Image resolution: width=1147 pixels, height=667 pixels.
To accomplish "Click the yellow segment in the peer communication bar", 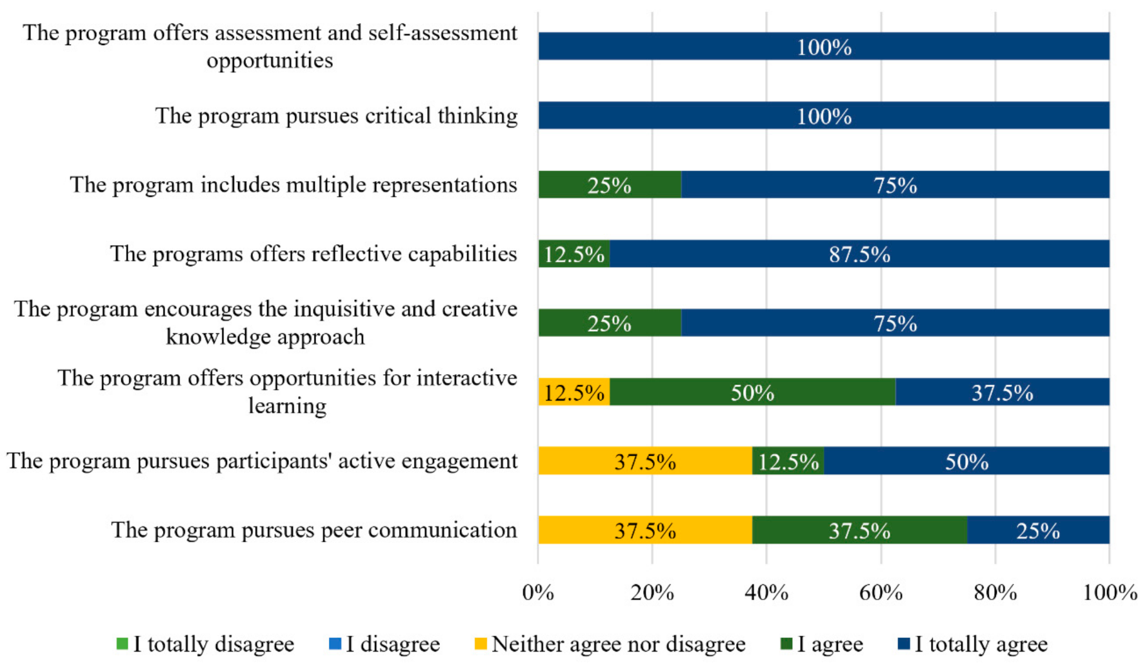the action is pos(645,530).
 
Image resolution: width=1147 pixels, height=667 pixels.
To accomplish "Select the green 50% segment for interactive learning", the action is pos(752,392).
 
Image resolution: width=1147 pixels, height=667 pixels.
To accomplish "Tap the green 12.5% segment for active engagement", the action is pos(788,461).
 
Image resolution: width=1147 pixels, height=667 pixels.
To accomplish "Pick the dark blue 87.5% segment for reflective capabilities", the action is pos(859,254).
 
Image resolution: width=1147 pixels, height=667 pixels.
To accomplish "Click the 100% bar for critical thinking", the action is pos(824,115).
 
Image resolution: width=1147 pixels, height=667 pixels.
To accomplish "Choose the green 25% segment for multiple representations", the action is pos(610,184).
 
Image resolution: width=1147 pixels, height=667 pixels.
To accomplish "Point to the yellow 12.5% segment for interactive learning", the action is pos(574,392).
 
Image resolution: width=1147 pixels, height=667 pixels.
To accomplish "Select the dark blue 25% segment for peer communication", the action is pos(1038,530).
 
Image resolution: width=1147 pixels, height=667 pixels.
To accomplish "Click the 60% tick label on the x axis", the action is pos(881,592).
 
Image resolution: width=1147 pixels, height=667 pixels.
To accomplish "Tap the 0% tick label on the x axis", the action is pos(538,592).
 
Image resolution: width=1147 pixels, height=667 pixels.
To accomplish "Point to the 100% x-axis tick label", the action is pos(1110,592).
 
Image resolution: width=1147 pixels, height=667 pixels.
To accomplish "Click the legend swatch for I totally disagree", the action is pos(122,644).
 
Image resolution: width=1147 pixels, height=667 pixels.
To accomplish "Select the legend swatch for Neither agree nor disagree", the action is pos(480,644).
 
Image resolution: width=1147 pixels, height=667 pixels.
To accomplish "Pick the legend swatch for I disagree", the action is pos(335,644).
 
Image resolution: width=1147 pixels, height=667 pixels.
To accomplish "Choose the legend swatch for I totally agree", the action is pos(904,644).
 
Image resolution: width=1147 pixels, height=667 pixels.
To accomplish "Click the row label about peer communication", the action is pos(314,530).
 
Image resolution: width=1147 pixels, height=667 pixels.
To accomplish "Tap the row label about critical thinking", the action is pos(336,116).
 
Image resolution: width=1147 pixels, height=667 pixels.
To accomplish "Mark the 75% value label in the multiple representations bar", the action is pos(895,185).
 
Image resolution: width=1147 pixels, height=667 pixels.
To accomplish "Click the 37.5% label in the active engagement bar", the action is pos(645,461).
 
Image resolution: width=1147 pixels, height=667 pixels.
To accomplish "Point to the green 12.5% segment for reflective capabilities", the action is pos(574,254).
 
